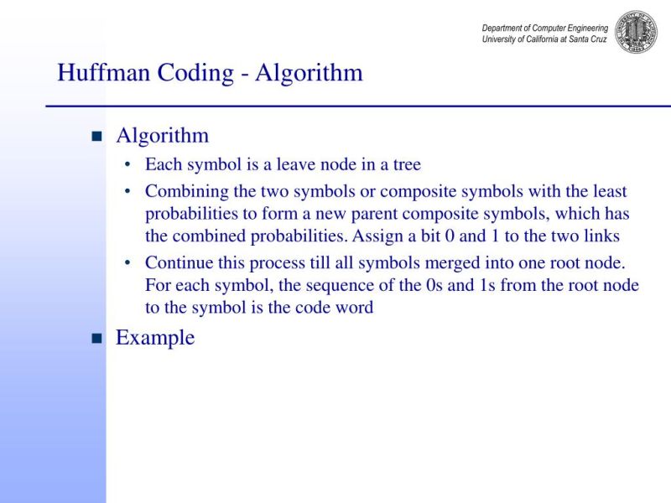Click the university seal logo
637,32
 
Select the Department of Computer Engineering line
545,28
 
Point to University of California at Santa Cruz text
545,39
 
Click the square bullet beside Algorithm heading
96,137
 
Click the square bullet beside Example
96,339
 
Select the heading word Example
155,338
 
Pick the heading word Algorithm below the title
162,136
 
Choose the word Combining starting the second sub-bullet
182,192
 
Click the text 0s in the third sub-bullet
434,285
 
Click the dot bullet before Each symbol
127,165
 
